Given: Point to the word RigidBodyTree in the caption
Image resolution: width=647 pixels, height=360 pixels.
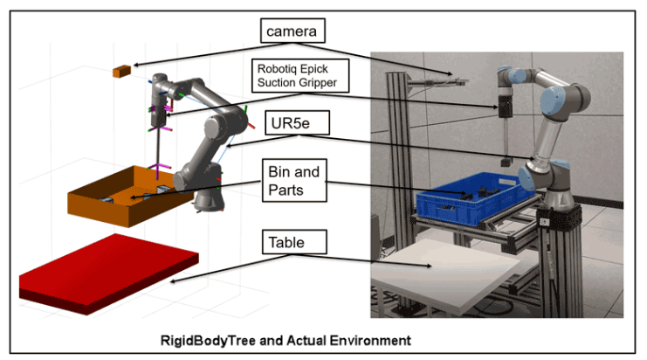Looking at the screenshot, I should (x=208, y=337).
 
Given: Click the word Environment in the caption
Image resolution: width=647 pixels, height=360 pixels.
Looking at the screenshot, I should (x=366, y=337).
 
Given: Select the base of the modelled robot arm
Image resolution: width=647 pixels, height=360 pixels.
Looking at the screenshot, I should (x=208, y=201).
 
